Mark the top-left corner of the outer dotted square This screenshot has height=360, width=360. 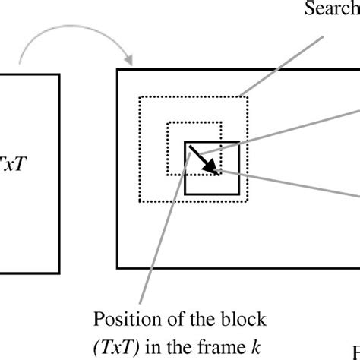point(138,96)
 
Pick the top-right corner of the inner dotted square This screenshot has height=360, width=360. point(221,122)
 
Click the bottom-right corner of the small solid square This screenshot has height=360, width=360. point(239,194)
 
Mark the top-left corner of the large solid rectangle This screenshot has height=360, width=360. point(118,71)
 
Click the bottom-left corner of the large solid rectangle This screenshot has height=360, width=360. point(118,267)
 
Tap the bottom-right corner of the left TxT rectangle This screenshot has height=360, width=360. point(59,273)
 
